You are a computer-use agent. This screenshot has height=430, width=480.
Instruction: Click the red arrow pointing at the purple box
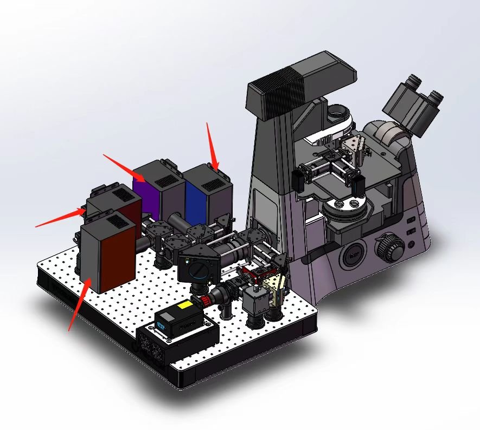coord(124,167)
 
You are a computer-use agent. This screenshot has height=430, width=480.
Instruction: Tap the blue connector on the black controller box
coord(161,326)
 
